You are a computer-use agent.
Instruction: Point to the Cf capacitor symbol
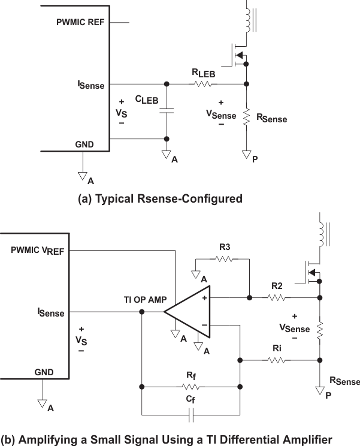190,414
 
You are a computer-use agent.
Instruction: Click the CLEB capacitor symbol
167,110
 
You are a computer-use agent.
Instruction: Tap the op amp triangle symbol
187,312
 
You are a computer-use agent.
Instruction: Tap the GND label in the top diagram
84,145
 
